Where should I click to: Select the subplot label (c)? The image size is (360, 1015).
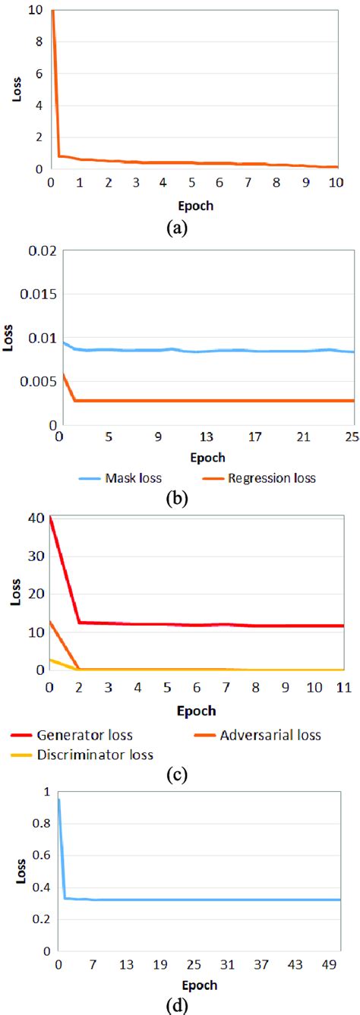(x=181, y=774)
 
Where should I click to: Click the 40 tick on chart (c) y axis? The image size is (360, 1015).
(x=33, y=519)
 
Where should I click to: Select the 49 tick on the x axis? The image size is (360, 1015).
(x=335, y=965)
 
